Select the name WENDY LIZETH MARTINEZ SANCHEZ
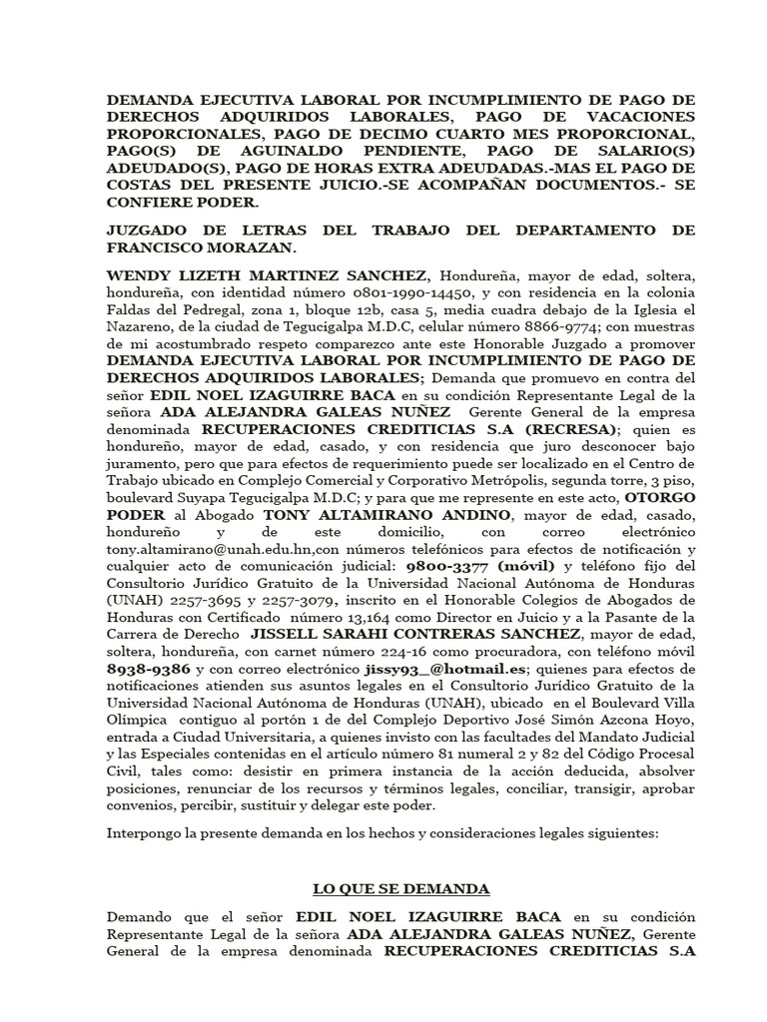pyautogui.click(x=269, y=275)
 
